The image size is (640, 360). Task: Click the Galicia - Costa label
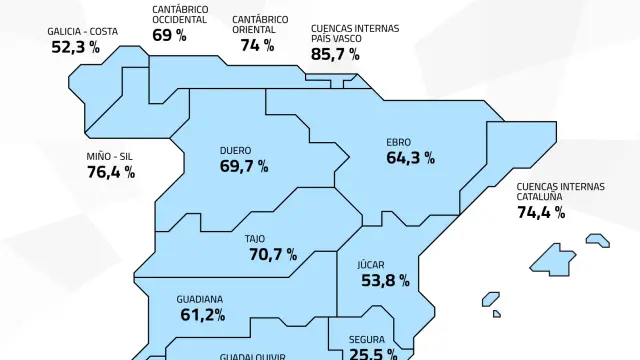click(x=82, y=31)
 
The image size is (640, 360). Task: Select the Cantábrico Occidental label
click(x=180, y=14)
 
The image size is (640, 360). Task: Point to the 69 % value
click(x=169, y=35)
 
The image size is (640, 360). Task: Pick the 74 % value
click(x=257, y=45)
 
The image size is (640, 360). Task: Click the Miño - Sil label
click(x=109, y=156)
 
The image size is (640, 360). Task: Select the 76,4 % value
click(x=111, y=172)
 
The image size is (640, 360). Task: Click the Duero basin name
click(x=235, y=151)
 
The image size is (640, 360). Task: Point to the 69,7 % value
click(x=244, y=167)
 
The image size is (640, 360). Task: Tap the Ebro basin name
click(x=398, y=142)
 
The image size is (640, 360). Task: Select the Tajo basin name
click(x=254, y=239)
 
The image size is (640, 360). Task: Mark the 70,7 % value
click(x=272, y=255)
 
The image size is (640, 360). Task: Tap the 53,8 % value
click(x=385, y=281)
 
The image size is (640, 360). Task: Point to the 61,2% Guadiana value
click(x=203, y=315)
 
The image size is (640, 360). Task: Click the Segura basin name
click(x=367, y=339)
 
